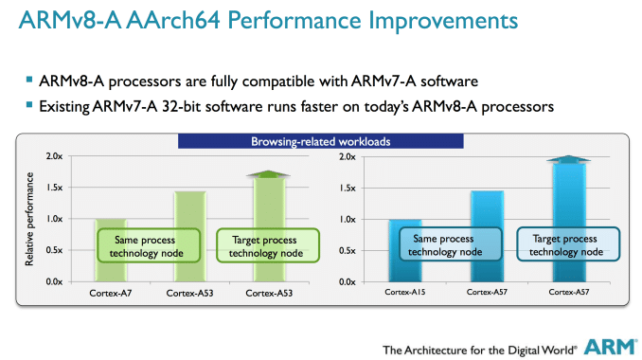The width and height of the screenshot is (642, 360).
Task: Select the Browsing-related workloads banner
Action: point(321,142)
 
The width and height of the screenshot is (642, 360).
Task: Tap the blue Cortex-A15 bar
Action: point(404,227)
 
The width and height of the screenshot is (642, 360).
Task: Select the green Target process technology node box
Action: point(260,246)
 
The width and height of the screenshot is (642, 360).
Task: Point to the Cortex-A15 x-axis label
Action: point(405,294)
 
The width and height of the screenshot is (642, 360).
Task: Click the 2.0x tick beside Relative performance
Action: point(52,156)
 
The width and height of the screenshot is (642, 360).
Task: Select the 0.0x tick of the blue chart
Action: point(346,281)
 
